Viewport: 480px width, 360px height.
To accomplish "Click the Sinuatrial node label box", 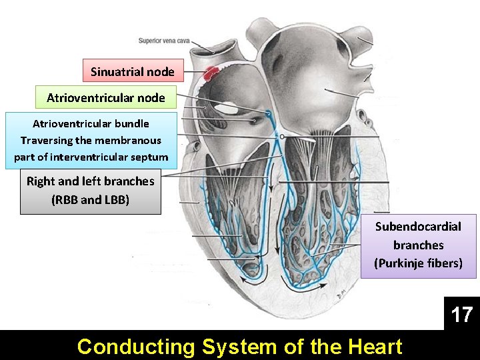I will pyautogui.click(x=133, y=71).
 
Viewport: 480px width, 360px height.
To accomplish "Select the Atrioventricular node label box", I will pyautogui.click(x=105, y=97).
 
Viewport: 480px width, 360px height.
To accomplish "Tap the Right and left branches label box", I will pyautogui.click(x=91, y=190).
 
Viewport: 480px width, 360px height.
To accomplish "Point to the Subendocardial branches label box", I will pyautogui.click(x=418, y=245).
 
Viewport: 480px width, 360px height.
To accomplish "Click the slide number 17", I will pyautogui.click(x=461, y=314).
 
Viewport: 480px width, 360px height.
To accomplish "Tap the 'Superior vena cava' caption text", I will pyautogui.click(x=164, y=41).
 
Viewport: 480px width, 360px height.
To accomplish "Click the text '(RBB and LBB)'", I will pyautogui.click(x=91, y=199).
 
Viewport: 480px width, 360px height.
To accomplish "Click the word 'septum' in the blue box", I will pyautogui.click(x=151, y=157).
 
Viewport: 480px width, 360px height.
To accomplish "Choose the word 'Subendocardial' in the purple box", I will pyautogui.click(x=418, y=227).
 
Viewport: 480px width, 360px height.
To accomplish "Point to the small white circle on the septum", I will pyautogui.click(x=283, y=136).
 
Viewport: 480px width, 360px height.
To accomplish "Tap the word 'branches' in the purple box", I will pyautogui.click(x=418, y=245).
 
